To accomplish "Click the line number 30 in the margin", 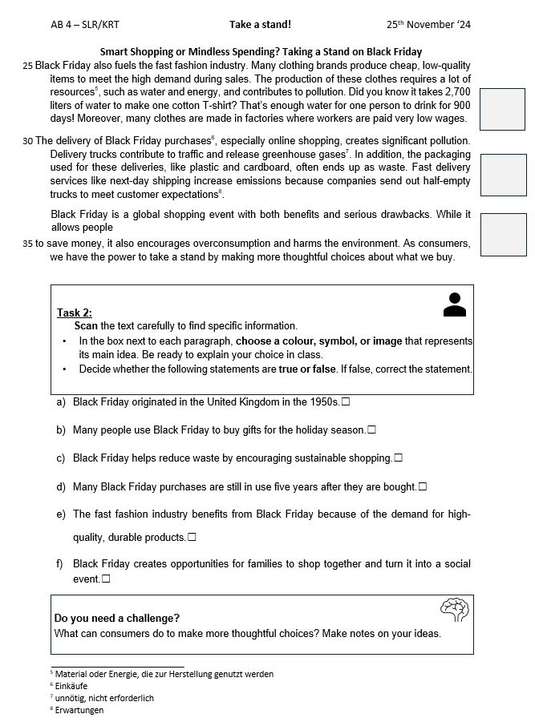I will tap(28, 141).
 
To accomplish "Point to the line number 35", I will tap(28, 244).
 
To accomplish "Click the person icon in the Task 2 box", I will tap(454, 305).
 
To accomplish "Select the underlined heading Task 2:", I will tap(75, 313).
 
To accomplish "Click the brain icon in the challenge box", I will tap(454, 611).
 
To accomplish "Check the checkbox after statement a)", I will tap(346, 401).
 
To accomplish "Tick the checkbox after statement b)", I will tap(371, 430).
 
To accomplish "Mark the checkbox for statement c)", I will tap(398, 458).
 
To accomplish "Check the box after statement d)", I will tap(423, 486).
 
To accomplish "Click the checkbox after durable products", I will tap(192, 537).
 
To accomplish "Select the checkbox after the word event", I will tap(106, 579).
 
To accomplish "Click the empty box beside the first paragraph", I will tap(503, 108).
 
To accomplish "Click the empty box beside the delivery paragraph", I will tap(503, 175).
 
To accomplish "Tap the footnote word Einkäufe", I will tap(72, 686).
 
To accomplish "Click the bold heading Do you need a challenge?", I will tap(117, 618).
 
